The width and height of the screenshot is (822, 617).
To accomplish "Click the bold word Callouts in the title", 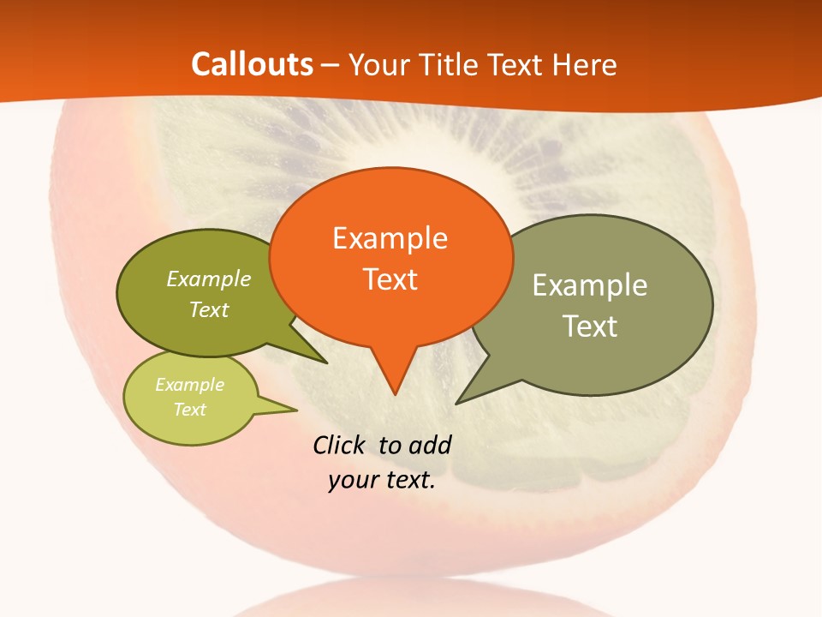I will [x=252, y=64].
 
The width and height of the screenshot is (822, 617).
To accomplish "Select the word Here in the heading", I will [x=586, y=64].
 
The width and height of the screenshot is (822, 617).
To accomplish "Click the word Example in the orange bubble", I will [x=390, y=238].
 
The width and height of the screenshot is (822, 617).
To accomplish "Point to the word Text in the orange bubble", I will [x=390, y=279].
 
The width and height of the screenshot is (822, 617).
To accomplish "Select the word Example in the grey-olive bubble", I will [x=590, y=285].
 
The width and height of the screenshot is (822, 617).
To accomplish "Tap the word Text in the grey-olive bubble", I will [x=590, y=326].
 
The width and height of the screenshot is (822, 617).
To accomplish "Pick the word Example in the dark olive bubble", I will [x=209, y=279].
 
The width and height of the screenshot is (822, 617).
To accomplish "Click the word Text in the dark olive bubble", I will [x=209, y=309].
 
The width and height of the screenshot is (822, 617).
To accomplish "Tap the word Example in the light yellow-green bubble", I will [x=189, y=385].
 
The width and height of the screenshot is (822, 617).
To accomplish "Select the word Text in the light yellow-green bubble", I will [x=189, y=410].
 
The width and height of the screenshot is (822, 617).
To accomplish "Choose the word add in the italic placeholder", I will [x=429, y=445].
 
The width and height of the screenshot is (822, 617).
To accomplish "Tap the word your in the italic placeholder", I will [x=352, y=480].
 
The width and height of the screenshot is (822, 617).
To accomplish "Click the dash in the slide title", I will [x=331, y=65].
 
